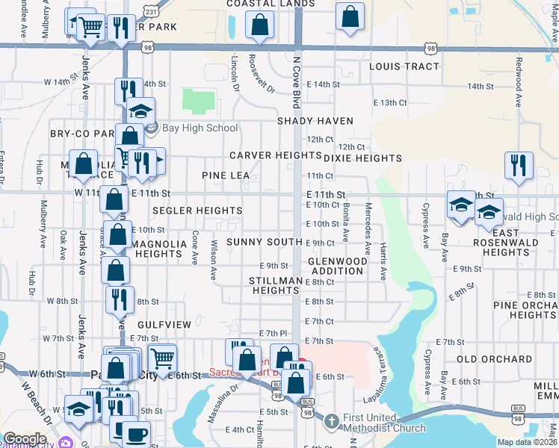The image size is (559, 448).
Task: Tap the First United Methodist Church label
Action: pyautogui.click(x=384, y=422)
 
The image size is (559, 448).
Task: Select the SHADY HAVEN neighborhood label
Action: pyautogui.click(x=315, y=120)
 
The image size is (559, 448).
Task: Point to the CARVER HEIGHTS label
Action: pyautogui.click(x=265, y=155)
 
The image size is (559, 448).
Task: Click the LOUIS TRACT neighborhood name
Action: pyautogui.click(x=404, y=66)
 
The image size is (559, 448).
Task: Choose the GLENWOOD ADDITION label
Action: pyautogui.click(x=338, y=267)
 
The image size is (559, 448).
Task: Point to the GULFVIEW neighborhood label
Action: pyautogui.click(x=164, y=325)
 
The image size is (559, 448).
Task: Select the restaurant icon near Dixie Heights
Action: pyautogui.click(x=518, y=166)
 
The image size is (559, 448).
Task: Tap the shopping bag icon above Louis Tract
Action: pyautogui.click(x=350, y=16)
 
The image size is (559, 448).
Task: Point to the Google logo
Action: pyautogui.click(x=25, y=440)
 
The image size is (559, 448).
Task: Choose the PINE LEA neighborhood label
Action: pyautogui.click(x=225, y=175)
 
